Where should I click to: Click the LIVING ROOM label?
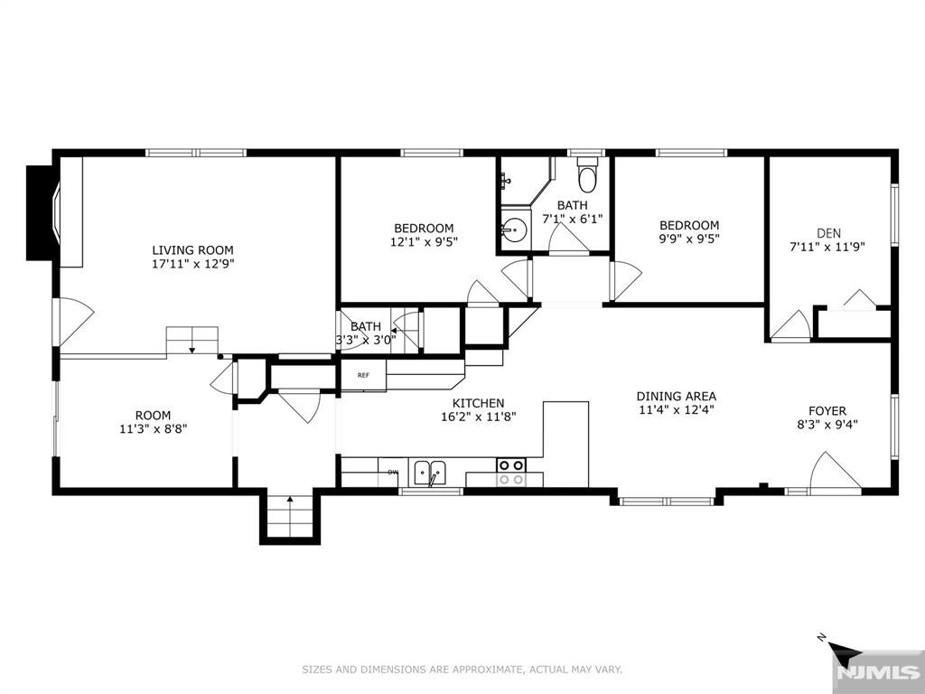click(193, 250)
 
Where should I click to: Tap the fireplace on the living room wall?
click(43, 213)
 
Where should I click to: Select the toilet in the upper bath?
click(587, 174)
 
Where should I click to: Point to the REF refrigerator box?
click(363, 375)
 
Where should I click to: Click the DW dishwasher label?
click(392, 472)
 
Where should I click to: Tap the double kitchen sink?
click(430, 473)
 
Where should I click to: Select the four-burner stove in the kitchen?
click(511, 472)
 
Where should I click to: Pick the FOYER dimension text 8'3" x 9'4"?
click(827, 424)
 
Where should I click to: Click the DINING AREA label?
click(676, 397)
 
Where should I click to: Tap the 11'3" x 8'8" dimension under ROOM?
click(154, 429)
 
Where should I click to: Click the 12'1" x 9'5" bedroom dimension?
click(424, 241)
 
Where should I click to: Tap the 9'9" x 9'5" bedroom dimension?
click(689, 239)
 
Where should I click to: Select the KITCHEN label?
click(479, 404)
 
